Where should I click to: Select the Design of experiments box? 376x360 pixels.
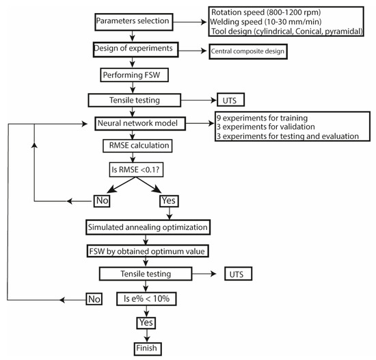[137, 50]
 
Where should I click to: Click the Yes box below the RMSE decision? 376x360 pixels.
[169, 201]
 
